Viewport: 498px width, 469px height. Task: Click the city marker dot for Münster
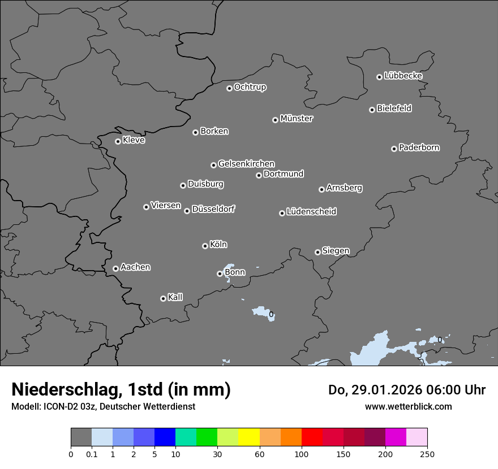pos(276,120)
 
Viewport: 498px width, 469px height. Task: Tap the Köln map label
pos(218,245)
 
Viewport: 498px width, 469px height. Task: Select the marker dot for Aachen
pos(115,268)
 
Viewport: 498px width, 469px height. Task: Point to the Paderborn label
pos(419,147)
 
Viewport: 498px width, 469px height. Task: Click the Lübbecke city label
pos(403,76)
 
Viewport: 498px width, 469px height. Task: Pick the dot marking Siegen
pos(317,252)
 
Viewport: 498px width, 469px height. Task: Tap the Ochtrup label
pos(250,87)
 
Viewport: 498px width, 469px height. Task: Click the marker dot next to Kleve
pos(118,141)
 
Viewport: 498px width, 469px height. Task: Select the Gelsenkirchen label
pos(246,164)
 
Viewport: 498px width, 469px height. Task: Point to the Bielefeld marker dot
pos(372,110)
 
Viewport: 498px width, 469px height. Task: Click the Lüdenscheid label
pos(311,212)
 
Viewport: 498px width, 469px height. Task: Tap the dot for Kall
pos(163,298)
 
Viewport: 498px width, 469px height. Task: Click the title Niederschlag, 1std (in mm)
pos(121,389)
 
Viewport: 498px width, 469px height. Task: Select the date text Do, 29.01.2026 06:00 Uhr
pos(406,390)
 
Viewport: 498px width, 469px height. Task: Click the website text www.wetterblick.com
pos(408,406)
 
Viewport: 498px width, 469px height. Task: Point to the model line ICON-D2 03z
pos(103,406)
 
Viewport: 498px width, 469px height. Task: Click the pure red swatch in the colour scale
pos(312,437)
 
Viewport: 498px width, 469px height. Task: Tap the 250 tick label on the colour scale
pos(427,454)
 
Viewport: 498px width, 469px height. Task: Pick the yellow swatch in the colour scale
pos(249,437)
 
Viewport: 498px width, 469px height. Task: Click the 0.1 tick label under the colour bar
pos(92,454)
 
